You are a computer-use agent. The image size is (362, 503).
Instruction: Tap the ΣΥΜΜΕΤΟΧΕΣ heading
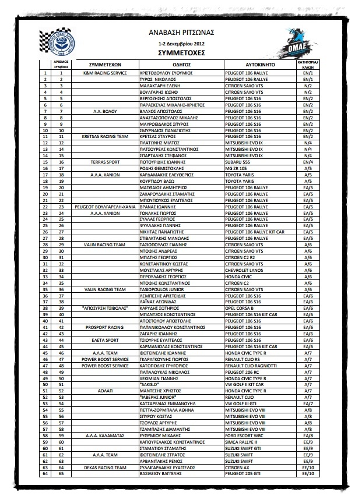[181, 52]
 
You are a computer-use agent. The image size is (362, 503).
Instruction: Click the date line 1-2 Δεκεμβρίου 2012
[181, 43]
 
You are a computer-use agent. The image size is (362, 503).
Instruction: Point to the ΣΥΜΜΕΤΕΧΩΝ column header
[105, 64]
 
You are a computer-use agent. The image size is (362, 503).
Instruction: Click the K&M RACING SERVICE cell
[105, 73]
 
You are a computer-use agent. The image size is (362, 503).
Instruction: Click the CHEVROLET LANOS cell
[245, 271]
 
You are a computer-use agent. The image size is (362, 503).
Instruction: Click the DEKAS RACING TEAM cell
[105, 467]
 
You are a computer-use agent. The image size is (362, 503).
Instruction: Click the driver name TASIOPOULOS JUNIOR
[166, 289]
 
